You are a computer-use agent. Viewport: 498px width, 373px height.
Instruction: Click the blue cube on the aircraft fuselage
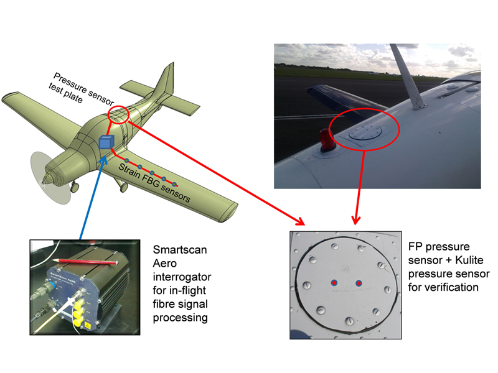(x=106, y=142)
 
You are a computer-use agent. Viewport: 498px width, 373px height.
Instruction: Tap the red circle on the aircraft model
(x=118, y=114)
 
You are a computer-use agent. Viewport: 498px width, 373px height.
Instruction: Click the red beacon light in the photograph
(x=326, y=139)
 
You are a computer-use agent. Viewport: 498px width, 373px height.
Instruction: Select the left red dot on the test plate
(x=334, y=283)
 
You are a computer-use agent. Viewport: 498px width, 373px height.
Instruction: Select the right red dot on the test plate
(x=359, y=283)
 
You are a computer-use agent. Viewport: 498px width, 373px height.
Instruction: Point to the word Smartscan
(x=180, y=250)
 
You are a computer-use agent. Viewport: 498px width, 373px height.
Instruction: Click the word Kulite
(x=469, y=260)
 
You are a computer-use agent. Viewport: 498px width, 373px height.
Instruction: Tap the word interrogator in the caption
(x=182, y=277)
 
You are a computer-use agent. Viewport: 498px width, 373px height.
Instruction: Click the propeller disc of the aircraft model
(x=50, y=178)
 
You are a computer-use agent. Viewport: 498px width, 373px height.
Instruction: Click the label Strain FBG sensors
(x=154, y=183)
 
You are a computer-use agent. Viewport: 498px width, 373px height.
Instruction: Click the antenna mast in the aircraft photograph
(x=408, y=76)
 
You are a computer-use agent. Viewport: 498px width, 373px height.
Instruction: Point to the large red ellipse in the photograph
(x=364, y=129)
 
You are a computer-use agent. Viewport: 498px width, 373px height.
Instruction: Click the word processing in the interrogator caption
(x=181, y=318)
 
